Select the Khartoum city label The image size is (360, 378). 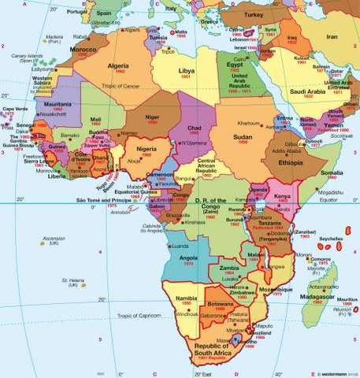coord(250,124)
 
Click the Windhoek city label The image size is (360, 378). coord(188,314)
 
